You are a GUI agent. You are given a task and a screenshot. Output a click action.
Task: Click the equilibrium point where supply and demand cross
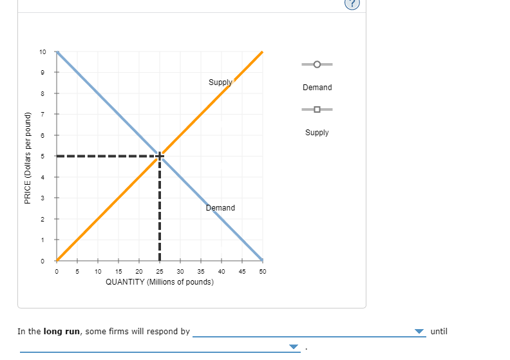click(x=160, y=156)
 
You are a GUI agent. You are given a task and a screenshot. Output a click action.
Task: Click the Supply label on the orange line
click(x=220, y=82)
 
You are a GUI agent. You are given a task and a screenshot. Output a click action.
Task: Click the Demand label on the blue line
click(x=220, y=208)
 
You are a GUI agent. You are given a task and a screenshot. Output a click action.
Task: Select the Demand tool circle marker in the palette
click(x=317, y=64)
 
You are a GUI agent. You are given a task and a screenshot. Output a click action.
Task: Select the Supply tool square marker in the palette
click(x=317, y=109)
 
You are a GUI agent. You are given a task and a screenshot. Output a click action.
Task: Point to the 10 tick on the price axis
click(x=42, y=52)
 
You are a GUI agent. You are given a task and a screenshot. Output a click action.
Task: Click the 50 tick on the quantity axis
click(x=263, y=272)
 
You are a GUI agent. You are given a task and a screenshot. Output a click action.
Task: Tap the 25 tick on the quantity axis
click(x=160, y=272)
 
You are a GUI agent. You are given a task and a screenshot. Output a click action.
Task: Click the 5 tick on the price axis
click(x=42, y=156)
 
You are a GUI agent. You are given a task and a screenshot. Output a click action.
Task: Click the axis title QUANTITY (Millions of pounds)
click(x=160, y=282)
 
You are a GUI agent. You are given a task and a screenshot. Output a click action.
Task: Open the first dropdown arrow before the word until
click(x=419, y=332)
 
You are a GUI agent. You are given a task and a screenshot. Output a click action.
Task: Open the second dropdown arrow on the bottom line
click(x=294, y=347)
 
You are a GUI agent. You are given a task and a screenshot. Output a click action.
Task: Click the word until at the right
click(x=439, y=332)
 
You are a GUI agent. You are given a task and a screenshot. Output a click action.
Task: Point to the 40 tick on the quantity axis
click(x=222, y=272)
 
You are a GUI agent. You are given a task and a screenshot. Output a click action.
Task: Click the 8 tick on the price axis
click(x=42, y=93)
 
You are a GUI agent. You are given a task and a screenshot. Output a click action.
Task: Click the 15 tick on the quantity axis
click(x=118, y=272)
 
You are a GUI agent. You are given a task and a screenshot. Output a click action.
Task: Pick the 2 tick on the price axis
click(x=42, y=219)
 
